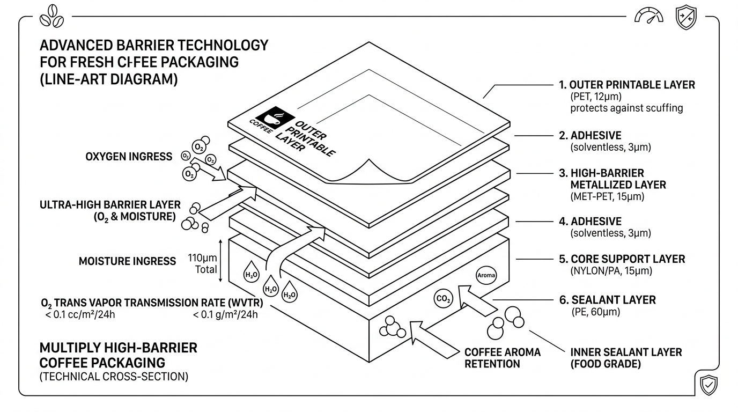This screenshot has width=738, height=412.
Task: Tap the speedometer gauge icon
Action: coord(649,16)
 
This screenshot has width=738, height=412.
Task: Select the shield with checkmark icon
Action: coord(709,385)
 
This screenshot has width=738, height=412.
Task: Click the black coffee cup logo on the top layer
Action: coord(275,117)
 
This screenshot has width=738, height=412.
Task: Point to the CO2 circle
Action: coord(443,299)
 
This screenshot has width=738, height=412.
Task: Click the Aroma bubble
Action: coord(486,275)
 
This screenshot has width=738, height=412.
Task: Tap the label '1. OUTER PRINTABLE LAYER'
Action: coord(627,85)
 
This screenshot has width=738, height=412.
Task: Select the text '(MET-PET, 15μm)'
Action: coord(607,196)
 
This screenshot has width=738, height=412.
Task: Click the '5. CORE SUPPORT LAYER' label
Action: coord(622,259)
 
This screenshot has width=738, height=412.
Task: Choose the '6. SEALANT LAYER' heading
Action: coord(608,300)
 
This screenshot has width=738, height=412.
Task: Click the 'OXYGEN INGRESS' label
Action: coord(129,157)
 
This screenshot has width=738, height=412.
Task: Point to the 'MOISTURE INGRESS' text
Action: coord(127,261)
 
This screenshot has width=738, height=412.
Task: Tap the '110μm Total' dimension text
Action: coord(202,264)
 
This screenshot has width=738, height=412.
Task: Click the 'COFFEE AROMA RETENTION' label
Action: coord(503,358)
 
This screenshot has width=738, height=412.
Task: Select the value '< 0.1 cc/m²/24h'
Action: coord(80,315)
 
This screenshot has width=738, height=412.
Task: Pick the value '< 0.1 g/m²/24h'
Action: coord(225,315)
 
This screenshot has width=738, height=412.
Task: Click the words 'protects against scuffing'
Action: coord(626,108)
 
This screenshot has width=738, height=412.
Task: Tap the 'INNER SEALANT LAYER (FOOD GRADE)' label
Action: coord(626,358)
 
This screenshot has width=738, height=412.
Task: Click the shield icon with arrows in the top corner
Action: coord(686,17)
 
